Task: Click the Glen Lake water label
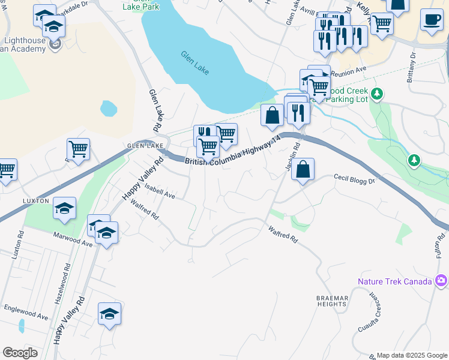tap(195, 62)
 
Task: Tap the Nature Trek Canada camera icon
tap(442, 280)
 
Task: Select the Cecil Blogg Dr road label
tap(354, 179)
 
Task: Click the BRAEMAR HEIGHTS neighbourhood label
tap(332, 301)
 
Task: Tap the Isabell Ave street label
tap(159, 192)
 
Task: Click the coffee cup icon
tap(432, 20)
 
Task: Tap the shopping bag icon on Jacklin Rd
tap(303, 170)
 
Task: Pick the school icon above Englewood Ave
tap(109, 313)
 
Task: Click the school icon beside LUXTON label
tap(64, 208)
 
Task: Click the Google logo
tap(20, 352)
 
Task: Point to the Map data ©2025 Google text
tap(412, 355)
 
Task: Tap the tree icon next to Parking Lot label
tap(377, 94)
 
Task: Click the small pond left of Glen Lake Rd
tap(109, 109)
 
